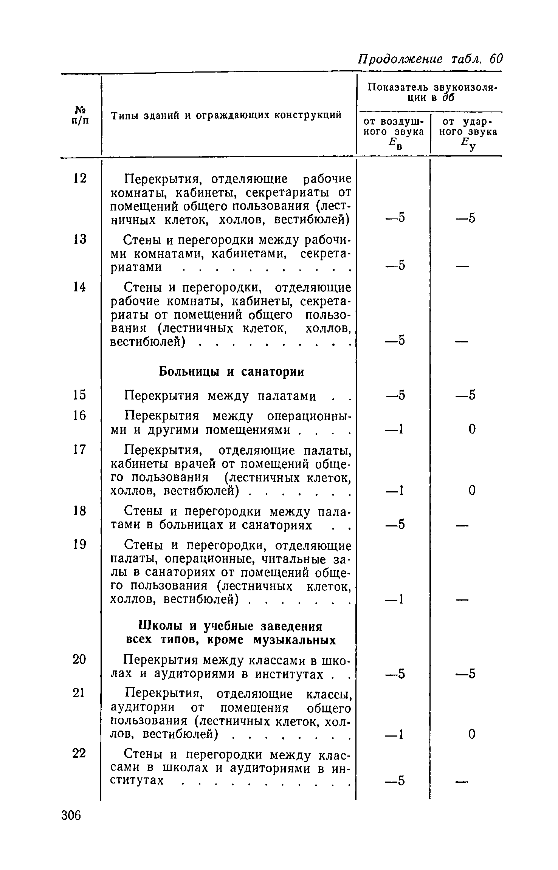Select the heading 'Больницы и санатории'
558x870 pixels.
[x=231, y=372]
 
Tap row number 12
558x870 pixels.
[x=80, y=178]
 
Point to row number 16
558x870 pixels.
[x=80, y=416]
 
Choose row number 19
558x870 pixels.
[x=80, y=545]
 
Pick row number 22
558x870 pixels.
[x=80, y=753]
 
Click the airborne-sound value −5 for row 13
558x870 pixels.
[x=395, y=266]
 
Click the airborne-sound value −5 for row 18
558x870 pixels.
[x=395, y=524]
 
